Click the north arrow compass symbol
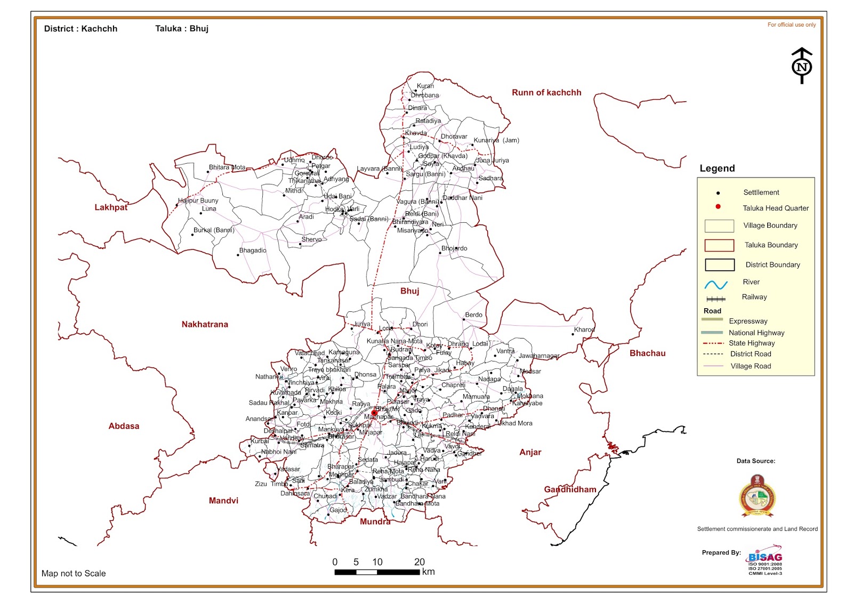point(802,66)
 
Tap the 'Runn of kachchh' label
point(546,93)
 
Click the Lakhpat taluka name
point(111,207)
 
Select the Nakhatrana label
point(205,324)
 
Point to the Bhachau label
point(647,353)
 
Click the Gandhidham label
point(570,489)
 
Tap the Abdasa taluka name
point(124,426)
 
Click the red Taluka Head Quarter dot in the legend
point(718,207)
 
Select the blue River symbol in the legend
point(716,285)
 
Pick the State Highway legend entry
point(751,343)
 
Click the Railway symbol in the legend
point(716,299)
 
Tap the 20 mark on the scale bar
point(420,562)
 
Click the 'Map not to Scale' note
point(74,574)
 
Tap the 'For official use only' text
point(791,25)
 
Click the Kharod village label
point(584,329)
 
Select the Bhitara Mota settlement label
point(227,167)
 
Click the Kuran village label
point(425,86)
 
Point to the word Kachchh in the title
point(99,29)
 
